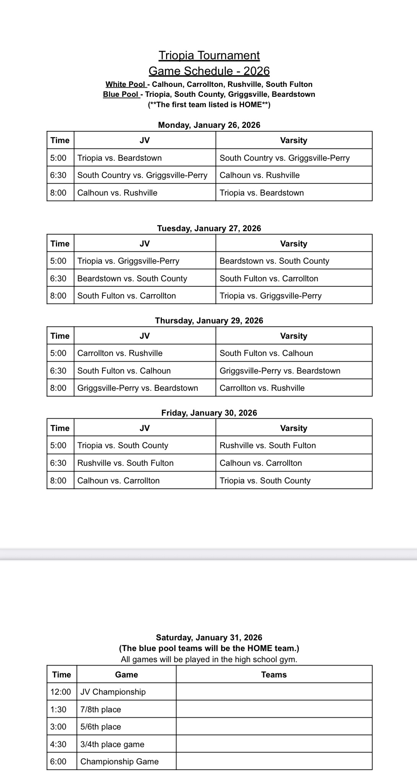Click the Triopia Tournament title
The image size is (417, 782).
coord(209,56)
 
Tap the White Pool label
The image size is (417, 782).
coord(125,84)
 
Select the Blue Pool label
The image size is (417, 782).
coord(121,94)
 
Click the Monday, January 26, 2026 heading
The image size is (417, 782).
coord(209,125)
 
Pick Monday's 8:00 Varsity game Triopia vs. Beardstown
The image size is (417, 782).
coord(262,193)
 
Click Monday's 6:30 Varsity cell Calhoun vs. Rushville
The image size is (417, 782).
coord(259,175)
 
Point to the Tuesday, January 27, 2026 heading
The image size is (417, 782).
coord(209,229)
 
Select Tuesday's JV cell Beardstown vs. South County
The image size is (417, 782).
coord(132,278)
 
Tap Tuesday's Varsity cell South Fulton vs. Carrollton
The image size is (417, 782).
coord(269,278)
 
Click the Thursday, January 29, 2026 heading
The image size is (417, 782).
coord(209,321)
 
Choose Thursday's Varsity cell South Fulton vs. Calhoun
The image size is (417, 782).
coord(266,353)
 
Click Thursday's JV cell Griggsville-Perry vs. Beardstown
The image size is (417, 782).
coord(137,388)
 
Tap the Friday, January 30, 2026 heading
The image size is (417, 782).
coord(209,413)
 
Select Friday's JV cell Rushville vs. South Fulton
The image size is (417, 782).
coord(125,463)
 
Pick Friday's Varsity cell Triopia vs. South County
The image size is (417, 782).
coord(265,480)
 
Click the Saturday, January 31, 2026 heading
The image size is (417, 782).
coord(209,637)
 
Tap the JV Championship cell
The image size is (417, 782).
coord(113,692)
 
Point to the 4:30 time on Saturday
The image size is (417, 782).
coord(58,744)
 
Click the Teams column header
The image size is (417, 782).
coord(274,674)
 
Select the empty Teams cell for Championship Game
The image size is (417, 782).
coord(274,761)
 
